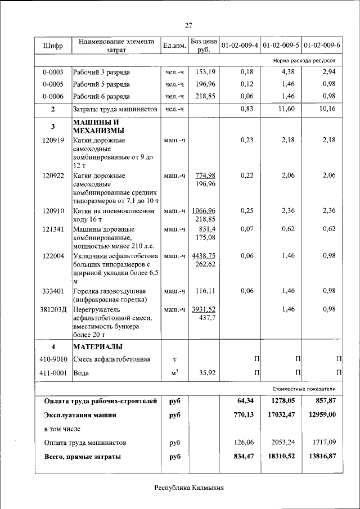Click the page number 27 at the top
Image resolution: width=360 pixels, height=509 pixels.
click(x=188, y=25)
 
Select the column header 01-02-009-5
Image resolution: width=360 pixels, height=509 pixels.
click(x=281, y=45)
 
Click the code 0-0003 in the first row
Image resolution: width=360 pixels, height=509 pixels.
click(x=53, y=72)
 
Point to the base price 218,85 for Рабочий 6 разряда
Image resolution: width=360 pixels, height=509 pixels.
click(x=205, y=96)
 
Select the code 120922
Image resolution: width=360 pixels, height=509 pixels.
click(x=53, y=175)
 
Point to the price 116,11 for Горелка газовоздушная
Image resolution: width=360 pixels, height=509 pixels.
click(x=205, y=291)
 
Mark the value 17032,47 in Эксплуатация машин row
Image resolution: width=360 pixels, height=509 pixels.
click(x=283, y=415)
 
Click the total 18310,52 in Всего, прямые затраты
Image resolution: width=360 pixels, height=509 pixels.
click(x=283, y=456)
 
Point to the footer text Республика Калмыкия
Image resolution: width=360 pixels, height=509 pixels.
click(x=189, y=488)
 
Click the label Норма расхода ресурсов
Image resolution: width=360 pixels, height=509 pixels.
click(x=304, y=59)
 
